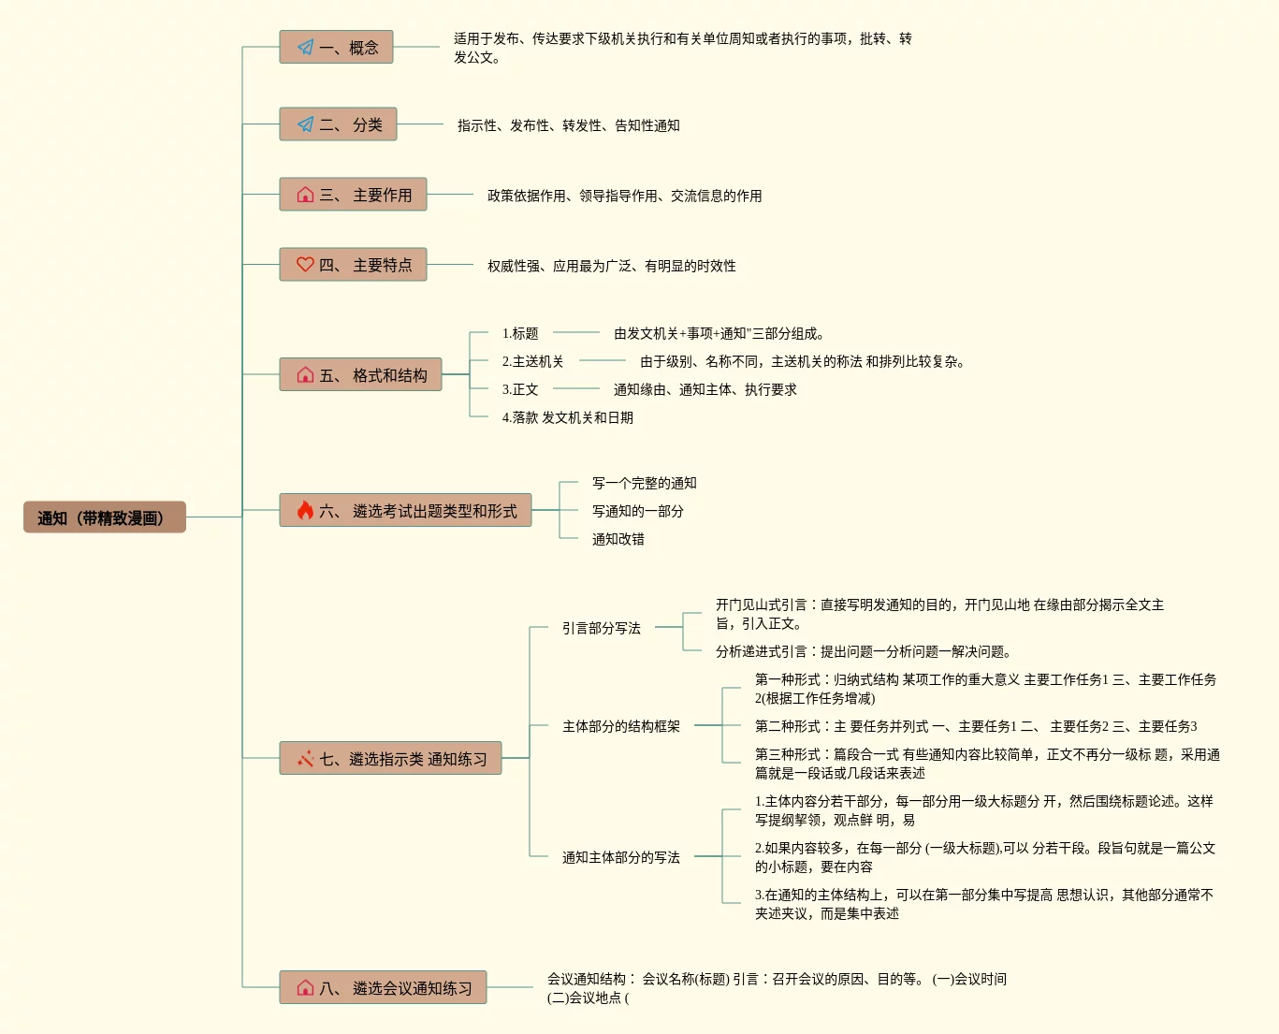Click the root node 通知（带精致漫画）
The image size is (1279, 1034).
click(x=104, y=517)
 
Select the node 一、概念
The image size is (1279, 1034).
click(x=336, y=47)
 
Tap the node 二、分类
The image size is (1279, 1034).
click(x=338, y=124)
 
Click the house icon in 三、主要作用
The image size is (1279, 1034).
click(x=305, y=195)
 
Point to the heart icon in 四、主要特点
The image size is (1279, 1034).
click(x=305, y=265)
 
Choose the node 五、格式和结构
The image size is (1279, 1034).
click(x=360, y=375)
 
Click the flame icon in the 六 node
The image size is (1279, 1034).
click(x=305, y=510)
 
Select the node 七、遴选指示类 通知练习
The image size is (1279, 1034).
click(x=390, y=759)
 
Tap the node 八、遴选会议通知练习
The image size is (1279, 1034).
click(x=383, y=988)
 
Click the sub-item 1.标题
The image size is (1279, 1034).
click(x=520, y=333)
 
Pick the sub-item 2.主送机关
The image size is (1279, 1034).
click(x=532, y=361)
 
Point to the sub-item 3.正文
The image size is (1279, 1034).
click(x=520, y=389)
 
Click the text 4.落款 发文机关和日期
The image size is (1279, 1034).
click(x=567, y=417)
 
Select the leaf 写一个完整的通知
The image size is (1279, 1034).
click(x=644, y=483)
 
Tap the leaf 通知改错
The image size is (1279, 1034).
click(x=618, y=539)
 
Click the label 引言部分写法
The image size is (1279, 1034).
click(x=601, y=628)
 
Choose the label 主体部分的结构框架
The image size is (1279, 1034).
click(x=620, y=726)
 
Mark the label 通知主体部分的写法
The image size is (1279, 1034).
click(x=620, y=857)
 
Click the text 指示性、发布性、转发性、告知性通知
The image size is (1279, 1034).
click(x=568, y=125)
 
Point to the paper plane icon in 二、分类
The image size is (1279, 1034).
click(x=305, y=124)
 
